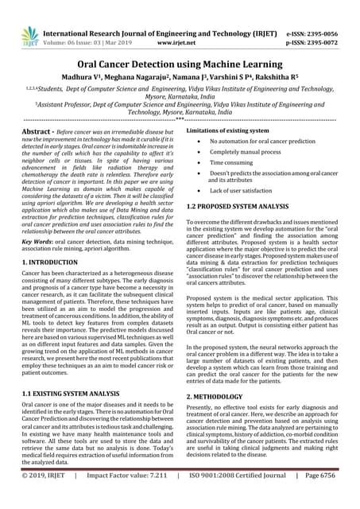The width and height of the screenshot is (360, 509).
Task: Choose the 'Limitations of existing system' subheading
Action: tap(230, 130)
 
